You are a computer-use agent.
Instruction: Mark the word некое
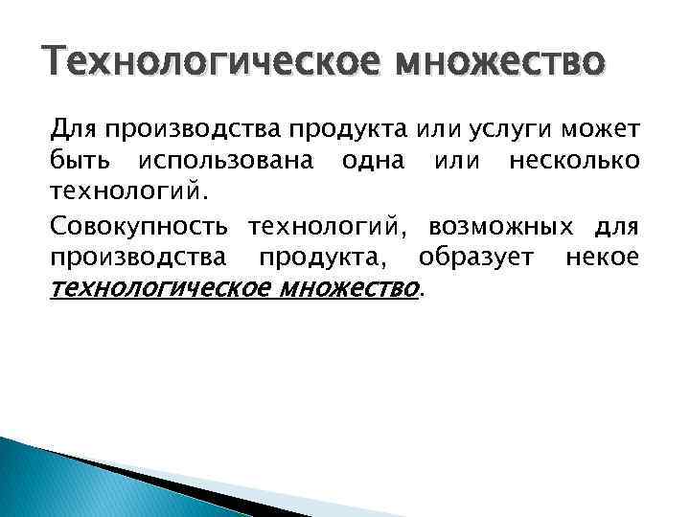tap(602, 258)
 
